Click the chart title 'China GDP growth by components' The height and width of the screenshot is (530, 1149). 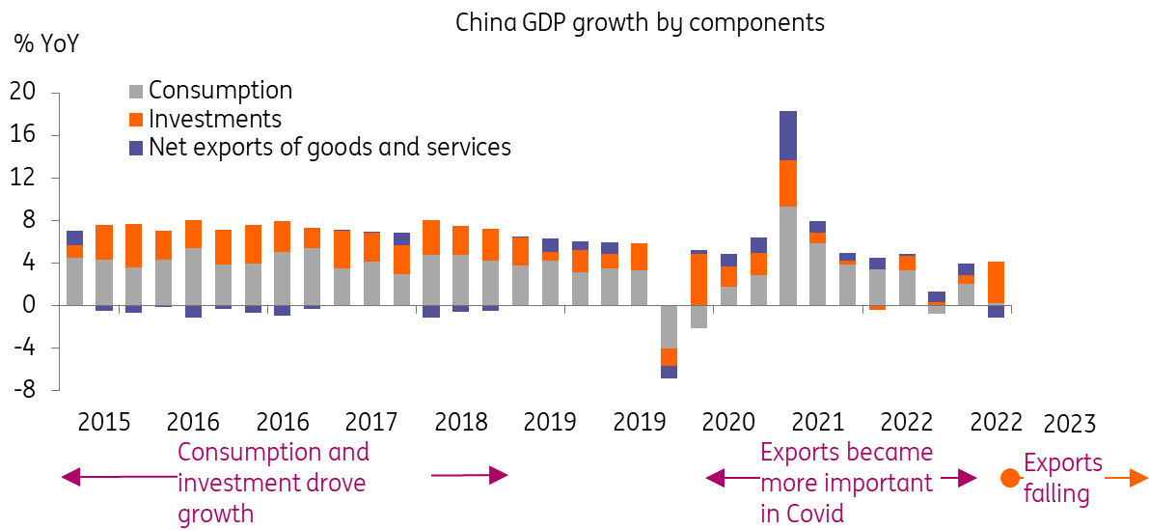point(640,22)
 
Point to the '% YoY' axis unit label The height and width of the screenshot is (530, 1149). point(46,44)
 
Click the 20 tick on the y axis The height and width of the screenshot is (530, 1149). point(22,93)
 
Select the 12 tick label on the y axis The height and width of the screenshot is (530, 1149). point(22,178)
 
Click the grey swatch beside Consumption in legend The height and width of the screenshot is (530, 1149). point(136,92)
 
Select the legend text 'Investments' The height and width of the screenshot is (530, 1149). point(215,119)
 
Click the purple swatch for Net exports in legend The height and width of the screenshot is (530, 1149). point(136,148)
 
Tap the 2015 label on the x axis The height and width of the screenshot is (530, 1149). point(103,423)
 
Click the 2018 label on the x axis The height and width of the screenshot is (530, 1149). point(460,423)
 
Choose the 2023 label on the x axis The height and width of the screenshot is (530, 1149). point(1070,425)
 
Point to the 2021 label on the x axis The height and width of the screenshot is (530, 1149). point(817,423)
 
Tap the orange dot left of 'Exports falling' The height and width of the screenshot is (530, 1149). point(1009,478)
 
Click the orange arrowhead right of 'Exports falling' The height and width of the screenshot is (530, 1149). point(1139,478)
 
